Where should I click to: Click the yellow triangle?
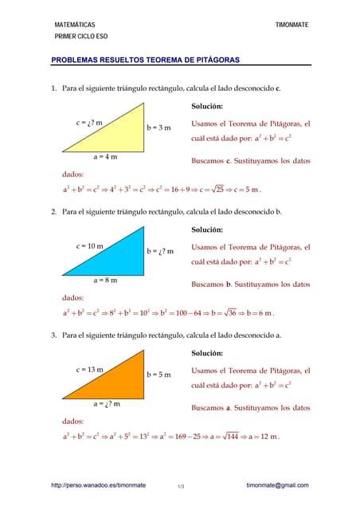tap(119, 139)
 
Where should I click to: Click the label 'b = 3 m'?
tap(158, 127)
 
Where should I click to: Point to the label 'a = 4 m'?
tap(105, 157)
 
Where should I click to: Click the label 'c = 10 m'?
tap(90, 246)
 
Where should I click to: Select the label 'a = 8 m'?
tap(105, 280)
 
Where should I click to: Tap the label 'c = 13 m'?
tap(90, 370)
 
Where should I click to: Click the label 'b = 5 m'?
tap(158, 375)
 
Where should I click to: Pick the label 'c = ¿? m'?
tap(89, 123)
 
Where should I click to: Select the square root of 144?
tap(233, 437)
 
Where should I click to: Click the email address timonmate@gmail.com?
tap(277, 485)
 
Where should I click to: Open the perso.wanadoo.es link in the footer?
tap(98, 485)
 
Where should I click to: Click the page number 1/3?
tap(181, 486)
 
